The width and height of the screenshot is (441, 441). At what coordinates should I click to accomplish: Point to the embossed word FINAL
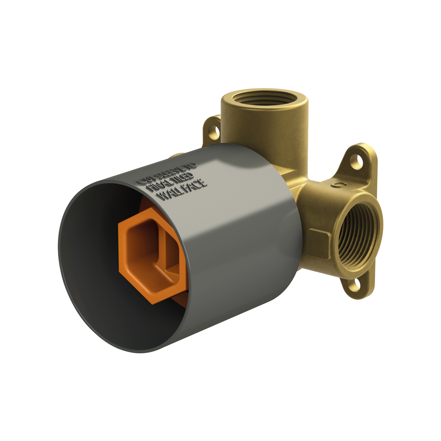(157, 187)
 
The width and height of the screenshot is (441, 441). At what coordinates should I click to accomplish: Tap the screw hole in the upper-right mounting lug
(356, 161)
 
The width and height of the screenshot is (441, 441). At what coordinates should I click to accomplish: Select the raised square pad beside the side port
(318, 244)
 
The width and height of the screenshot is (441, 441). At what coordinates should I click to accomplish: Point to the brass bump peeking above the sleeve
(176, 156)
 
